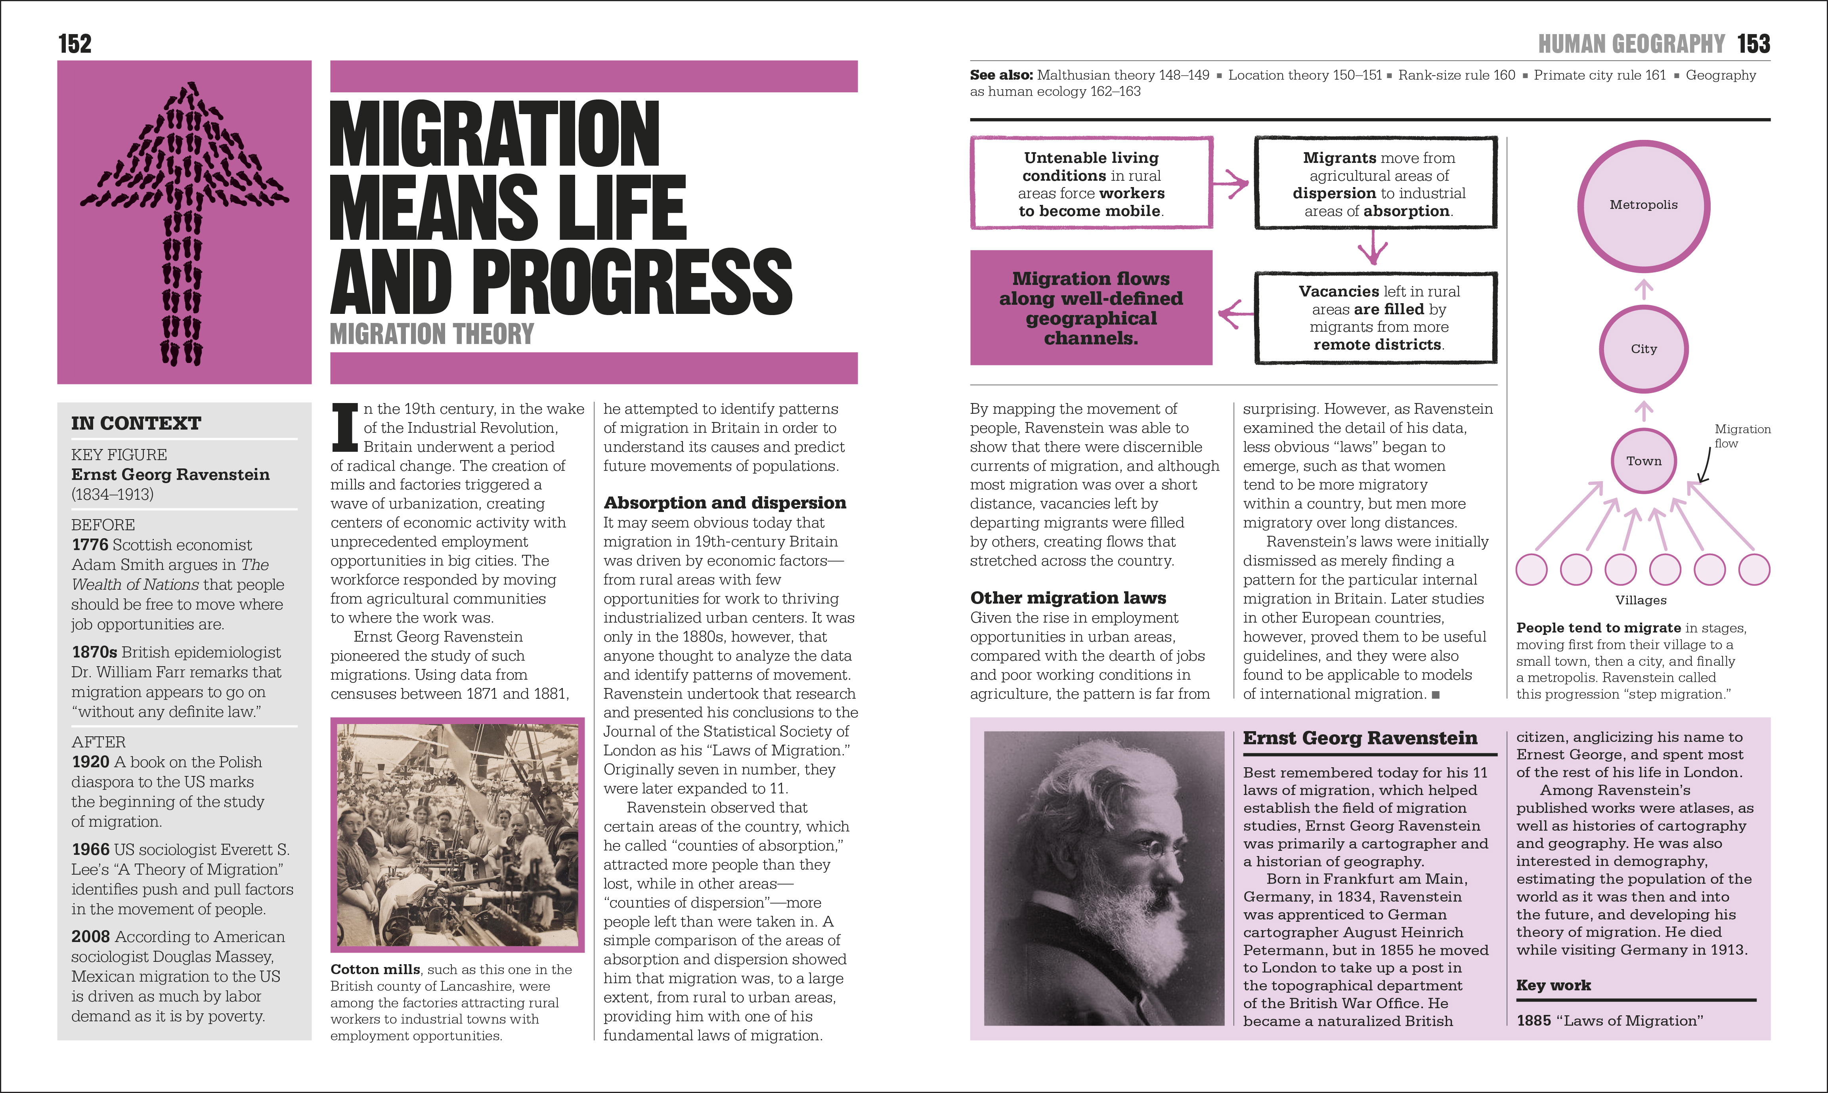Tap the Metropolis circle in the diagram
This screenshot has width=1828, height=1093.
click(1643, 206)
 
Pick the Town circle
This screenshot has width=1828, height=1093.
click(1643, 461)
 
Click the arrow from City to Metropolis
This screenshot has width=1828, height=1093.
click(1643, 289)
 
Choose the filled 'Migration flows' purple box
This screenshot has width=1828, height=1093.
click(1091, 308)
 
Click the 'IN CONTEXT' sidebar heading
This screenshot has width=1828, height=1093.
click(136, 424)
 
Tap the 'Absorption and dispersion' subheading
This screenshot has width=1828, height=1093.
click(725, 503)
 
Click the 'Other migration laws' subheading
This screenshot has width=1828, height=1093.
click(1068, 598)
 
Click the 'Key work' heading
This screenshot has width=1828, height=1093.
click(1553, 986)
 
